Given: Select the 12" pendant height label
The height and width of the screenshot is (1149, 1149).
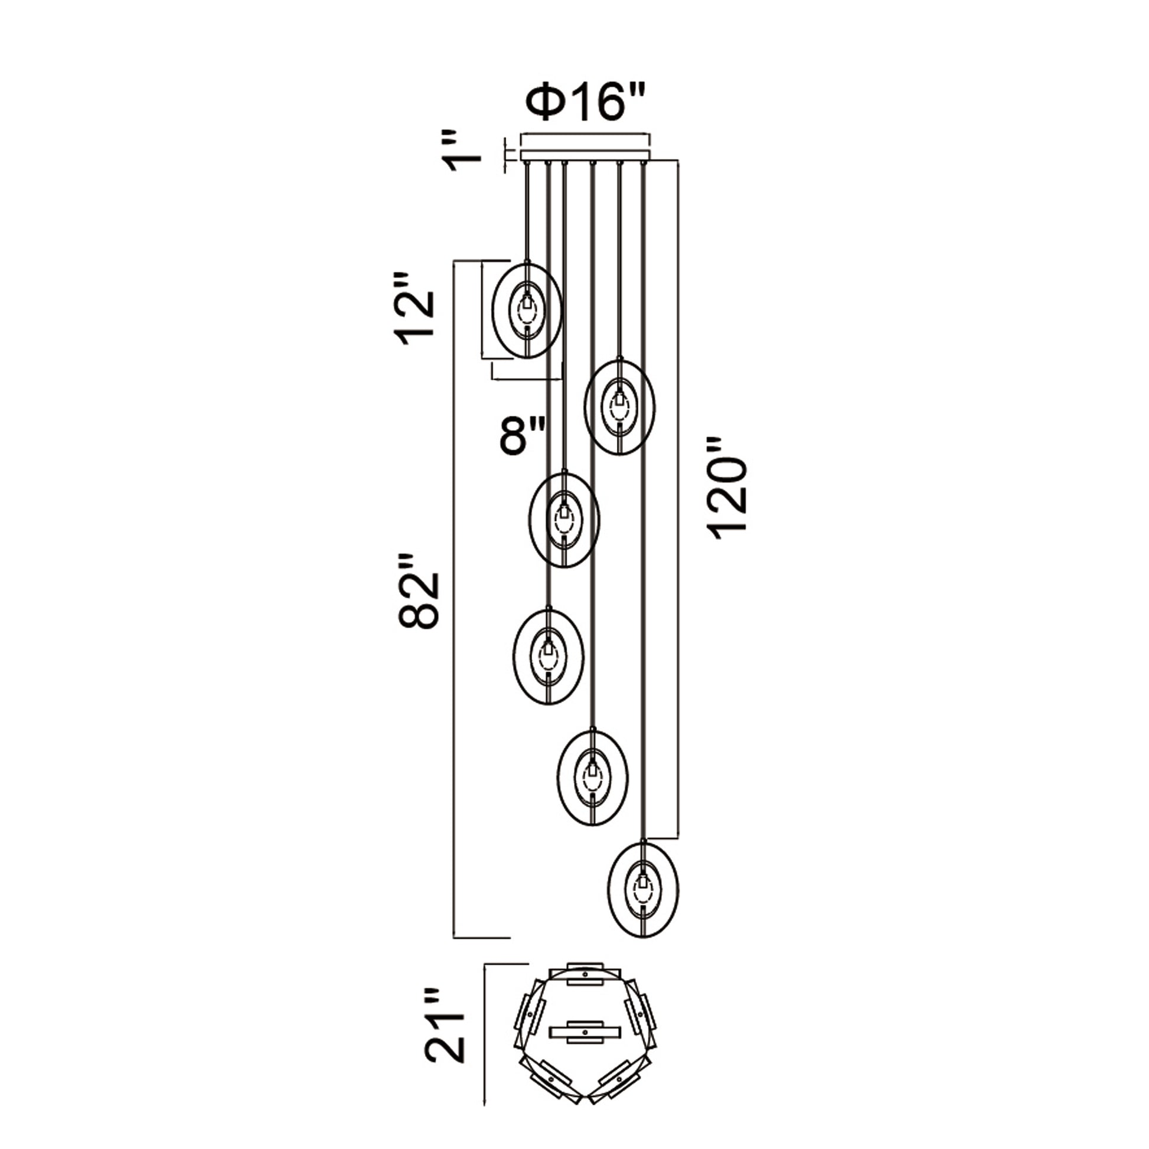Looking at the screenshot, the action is tap(414, 310).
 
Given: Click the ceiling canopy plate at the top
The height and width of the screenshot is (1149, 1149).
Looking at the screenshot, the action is tap(585, 155).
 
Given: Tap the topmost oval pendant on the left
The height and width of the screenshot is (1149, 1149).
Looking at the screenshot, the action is tap(527, 311).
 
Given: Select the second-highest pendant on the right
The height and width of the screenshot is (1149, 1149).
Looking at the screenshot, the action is tap(619, 407).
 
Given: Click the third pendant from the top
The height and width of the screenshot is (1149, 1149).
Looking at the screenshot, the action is tap(564, 518).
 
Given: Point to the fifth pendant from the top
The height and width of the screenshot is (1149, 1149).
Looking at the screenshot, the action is tap(592, 777).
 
